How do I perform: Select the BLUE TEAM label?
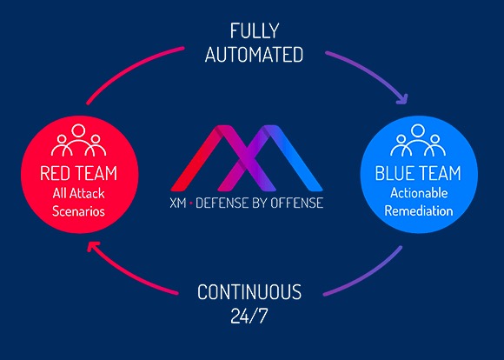(419, 173)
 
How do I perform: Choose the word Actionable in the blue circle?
(419, 192)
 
